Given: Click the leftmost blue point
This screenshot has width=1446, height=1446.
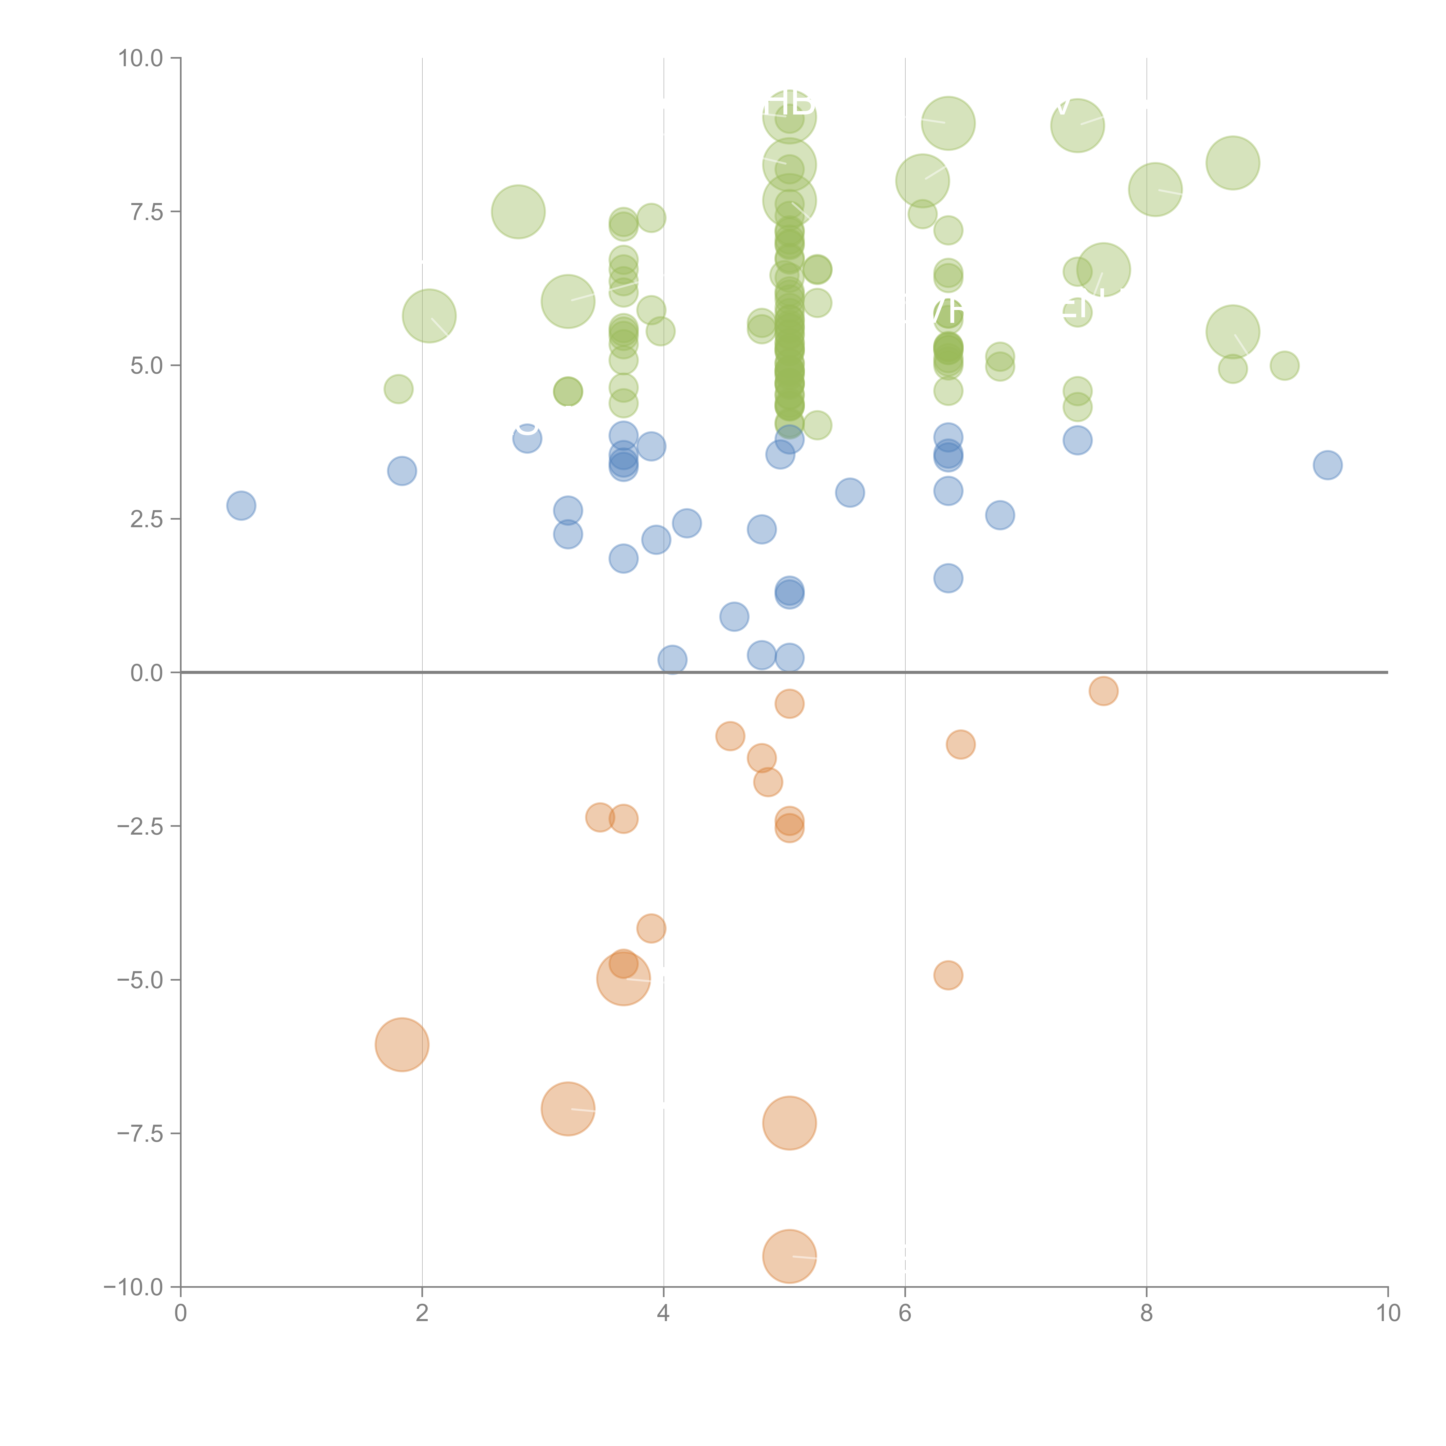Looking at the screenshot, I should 241,506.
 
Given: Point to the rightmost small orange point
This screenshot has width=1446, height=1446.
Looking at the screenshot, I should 1103,691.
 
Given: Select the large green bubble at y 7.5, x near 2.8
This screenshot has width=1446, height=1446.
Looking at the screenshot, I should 518,212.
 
